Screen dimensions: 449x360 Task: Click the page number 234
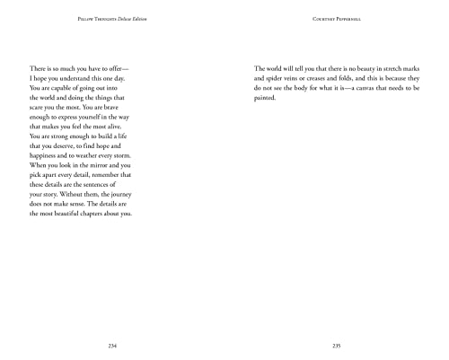click(x=111, y=345)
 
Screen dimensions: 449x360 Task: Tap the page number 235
click(x=337, y=345)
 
